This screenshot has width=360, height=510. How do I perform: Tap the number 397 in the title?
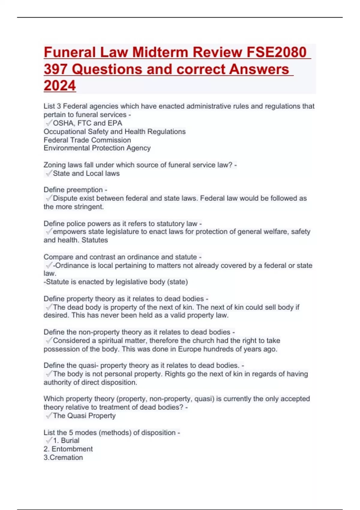point(55,69)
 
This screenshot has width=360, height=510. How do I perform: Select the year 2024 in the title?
point(60,85)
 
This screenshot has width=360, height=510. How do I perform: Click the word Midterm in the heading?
point(160,52)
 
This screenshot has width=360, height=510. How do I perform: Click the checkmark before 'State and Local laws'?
point(49,173)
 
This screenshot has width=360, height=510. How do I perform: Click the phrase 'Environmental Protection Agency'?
point(97,148)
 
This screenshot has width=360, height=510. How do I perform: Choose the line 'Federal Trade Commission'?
point(87,140)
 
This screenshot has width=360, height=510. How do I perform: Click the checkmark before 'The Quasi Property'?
point(49,416)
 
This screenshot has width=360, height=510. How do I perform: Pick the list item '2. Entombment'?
point(68,449)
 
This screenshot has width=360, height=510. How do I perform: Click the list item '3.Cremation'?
point(63,457)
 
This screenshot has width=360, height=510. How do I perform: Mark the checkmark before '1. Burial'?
point(49,441)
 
